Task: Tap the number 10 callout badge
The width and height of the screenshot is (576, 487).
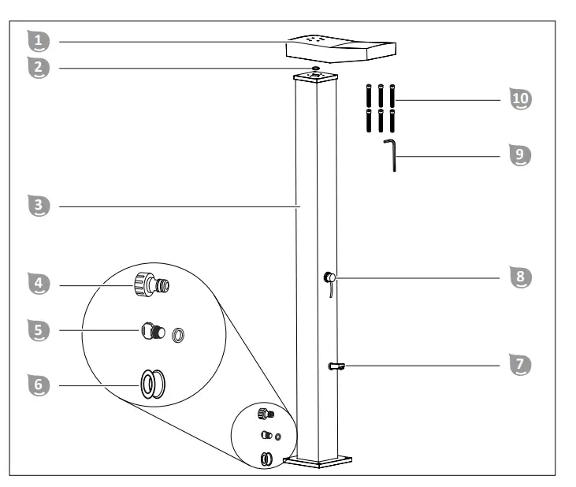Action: click(521, 99)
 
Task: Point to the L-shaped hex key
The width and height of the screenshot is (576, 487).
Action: click(391, 154)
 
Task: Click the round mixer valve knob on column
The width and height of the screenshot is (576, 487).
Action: click(329, 277)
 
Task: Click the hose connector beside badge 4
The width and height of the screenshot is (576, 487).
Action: click(153, 282)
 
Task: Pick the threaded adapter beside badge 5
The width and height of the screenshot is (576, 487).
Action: click(154, 332)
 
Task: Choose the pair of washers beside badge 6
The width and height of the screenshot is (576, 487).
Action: click(151, 384)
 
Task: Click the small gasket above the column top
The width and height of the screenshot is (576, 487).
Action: click(315, 69)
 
